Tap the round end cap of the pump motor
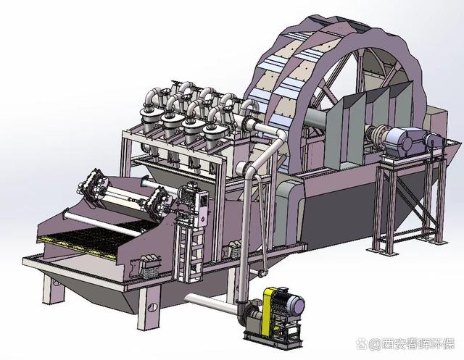(x=298, y=304)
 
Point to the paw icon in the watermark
(x=361, y=344)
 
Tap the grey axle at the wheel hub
(x=317, y=119)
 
